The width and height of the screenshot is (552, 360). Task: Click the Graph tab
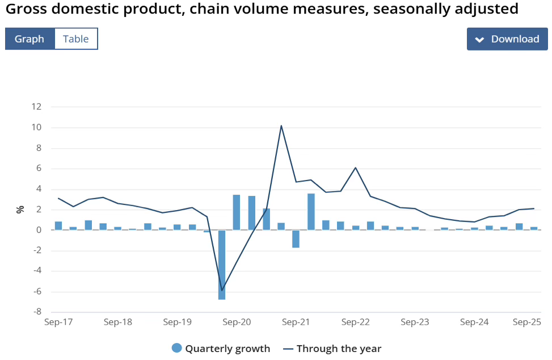coord(30,39)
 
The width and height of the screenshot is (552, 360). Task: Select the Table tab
coord(76,39)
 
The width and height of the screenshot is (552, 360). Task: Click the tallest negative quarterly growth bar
coord(222,265)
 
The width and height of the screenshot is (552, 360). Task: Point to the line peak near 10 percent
coord(281,125)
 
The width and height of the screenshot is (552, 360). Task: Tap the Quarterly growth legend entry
coord(221,348)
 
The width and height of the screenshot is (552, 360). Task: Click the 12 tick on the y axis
coord(37,107)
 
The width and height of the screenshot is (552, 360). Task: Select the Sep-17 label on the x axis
coord(58,322)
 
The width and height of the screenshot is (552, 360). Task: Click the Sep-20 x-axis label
coord(237,322)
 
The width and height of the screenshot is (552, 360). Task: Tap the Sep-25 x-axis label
coord(527,322)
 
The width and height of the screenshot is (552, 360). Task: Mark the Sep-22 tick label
coord(356,322)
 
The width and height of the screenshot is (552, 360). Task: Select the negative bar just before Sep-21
coord(296,238)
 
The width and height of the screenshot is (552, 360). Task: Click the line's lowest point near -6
coord(222,291)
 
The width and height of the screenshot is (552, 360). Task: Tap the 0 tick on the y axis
coord(39,230)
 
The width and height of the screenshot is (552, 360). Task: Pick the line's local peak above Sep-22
coord(355,168)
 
